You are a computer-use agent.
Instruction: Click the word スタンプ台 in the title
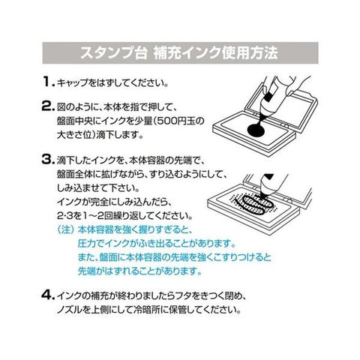[x=113, y=53]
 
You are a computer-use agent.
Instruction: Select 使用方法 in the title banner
[x=250, y=53]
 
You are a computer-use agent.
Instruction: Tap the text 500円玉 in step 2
[x=175, y=121]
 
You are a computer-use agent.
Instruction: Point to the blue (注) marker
[x=65, y=229]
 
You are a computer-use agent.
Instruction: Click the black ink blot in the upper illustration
[x=256, y=130]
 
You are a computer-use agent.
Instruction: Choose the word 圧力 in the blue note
[x=86, y=243]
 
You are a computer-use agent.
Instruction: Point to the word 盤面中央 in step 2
[x=75, y=121]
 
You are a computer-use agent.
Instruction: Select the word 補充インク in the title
[x=187, y=53]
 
